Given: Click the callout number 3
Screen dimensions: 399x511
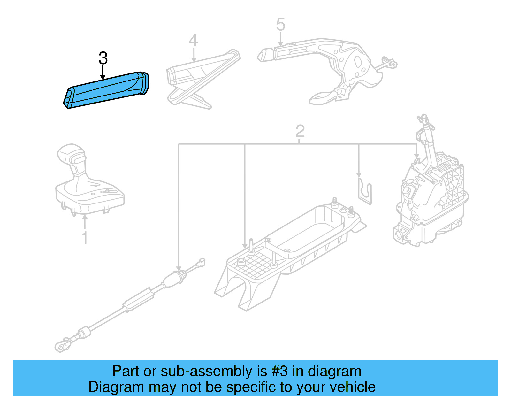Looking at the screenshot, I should [103, 58].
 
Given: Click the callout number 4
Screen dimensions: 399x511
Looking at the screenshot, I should [193, 40].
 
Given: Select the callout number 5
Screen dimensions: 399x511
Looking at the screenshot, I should [280, 25].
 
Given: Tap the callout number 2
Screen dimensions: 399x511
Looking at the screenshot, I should [300, 131].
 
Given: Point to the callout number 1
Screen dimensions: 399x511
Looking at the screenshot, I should [85, 238].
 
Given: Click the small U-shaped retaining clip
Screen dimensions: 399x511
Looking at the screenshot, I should [365, 192].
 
